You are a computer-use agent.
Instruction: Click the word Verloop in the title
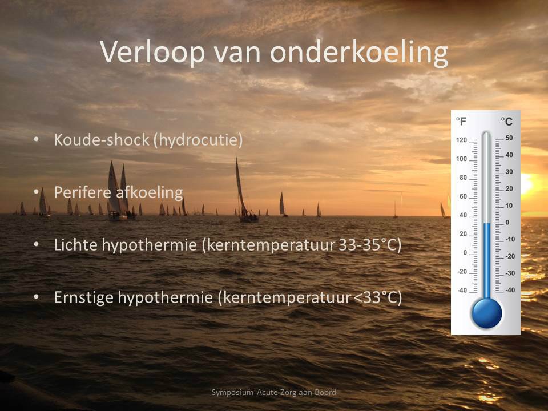(152, 53)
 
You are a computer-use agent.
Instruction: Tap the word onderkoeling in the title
(359, 53)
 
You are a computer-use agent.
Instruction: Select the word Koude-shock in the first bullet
(102, 140)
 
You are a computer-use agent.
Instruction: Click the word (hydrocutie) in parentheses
(198, 140)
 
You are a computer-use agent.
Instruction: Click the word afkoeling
(148, 192)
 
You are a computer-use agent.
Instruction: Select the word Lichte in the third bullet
(76, 245)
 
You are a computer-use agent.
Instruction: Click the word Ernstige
(83, 298)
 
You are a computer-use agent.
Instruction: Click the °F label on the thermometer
(461, 121)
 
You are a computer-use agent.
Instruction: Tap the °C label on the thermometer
(506, 122)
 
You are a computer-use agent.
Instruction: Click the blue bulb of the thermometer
(486, 312)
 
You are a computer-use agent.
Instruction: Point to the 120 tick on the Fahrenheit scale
(461, 140)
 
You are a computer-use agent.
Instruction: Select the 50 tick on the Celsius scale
(509, 138)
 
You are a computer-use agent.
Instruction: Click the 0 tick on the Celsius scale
(507, 222)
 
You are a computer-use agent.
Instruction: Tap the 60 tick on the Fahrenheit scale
(464, 196)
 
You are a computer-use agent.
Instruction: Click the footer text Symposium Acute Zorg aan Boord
(273, 392)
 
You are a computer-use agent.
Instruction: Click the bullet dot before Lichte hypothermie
(37, 245)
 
